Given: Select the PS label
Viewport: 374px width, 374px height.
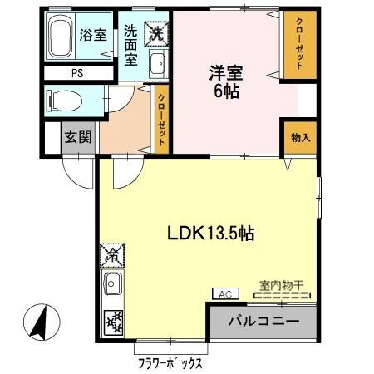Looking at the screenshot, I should coord(77,73).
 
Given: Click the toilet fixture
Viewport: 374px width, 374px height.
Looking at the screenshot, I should coord(62,102).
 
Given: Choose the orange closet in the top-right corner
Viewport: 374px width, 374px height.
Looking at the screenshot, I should coord(298,47).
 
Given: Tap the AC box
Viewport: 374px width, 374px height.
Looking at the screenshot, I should coord(224,293).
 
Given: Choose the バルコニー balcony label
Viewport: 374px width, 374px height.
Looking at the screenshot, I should coord(263,321).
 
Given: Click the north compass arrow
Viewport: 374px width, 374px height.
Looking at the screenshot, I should coord(38,321).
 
